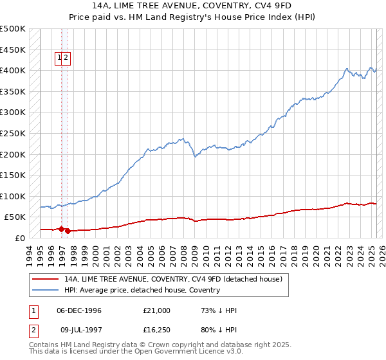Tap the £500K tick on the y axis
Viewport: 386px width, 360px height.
pos(13,29)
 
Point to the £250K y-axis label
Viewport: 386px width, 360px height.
pos(13,133)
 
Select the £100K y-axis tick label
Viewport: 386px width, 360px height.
pos(13,196)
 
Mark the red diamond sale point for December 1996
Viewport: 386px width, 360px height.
pos(62,229)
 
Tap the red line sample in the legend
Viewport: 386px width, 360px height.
pos(45,279)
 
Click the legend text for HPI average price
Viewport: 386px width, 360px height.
pos(142,290)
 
